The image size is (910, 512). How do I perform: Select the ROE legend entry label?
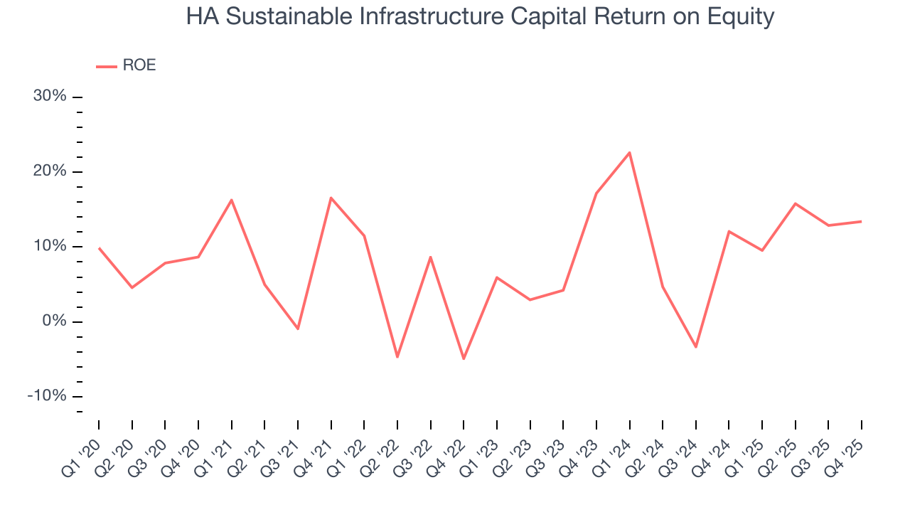point(139,65)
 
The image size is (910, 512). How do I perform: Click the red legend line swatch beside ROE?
point(107,66)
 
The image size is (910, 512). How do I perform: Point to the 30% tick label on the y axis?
point(50,96)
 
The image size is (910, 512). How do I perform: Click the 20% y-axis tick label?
point(50,171)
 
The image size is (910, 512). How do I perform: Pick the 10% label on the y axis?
point(50,246)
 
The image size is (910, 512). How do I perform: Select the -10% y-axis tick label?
point(47,396)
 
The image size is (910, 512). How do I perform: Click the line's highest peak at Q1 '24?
point(630,152)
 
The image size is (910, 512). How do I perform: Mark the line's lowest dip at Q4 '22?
point(464,358)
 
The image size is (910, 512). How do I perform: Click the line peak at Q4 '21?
point(331,198)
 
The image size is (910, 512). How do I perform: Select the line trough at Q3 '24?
point(696,347)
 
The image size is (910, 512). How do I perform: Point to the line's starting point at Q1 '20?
point(99,247)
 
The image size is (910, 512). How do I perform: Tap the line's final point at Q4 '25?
point(862,221)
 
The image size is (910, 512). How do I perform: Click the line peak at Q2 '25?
point(796,203)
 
